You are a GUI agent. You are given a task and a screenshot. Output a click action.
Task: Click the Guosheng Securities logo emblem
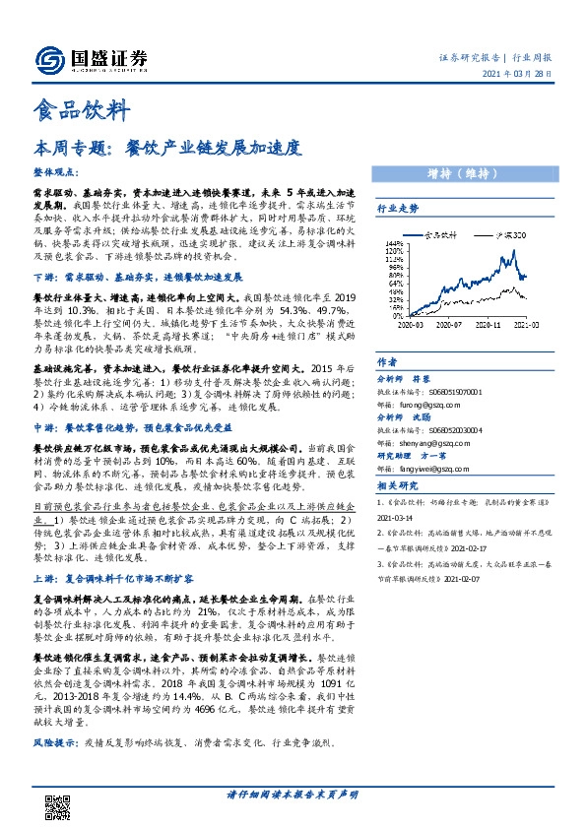coord(48,59)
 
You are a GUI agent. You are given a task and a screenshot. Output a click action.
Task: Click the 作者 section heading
coord(387,361)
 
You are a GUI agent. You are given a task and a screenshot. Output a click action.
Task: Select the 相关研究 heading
coord(398,485)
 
